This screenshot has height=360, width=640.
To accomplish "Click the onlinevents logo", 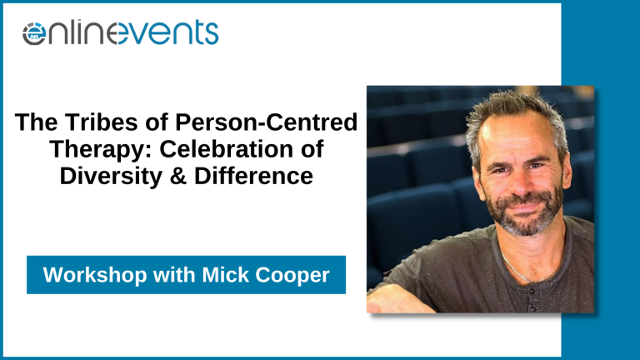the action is pos(120,32).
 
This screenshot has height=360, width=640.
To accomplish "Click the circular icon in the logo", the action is pos(34,33).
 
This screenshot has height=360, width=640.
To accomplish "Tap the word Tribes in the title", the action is pos(102,122).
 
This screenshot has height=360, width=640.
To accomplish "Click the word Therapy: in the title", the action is pos(101,150).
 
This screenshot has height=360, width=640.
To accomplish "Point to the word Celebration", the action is pos(227,149).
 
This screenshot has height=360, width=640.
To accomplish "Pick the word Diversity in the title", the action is pos(111,177).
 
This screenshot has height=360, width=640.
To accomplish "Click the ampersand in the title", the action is pos(178,176).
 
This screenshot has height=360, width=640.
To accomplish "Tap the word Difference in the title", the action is pos(254,176).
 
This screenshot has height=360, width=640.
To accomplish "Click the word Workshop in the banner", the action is pos(95,275).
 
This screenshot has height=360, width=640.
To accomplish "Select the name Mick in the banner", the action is pos(225,275).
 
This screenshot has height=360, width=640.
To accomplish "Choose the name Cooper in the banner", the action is pos(292,276).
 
